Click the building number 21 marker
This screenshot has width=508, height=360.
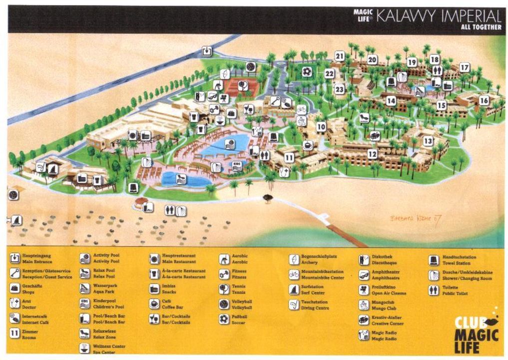coord(340,56)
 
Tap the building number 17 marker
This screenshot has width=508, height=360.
coord(465,67)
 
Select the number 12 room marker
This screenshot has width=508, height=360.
coord(373,154)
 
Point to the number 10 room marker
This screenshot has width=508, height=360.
coord(321,127)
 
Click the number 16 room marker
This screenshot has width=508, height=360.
coord(484,100)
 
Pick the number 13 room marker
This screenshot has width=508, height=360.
coord(428,141)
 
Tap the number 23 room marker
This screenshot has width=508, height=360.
coord(340,89)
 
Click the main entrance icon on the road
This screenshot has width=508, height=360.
coord(207,51)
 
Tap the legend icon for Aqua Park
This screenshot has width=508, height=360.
coord(85,288)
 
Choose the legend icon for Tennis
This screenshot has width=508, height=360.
coord(224,289)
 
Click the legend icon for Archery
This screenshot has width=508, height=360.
coord(294,259)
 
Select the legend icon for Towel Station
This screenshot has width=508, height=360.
coord(434,260)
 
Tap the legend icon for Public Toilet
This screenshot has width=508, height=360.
coord(434,290)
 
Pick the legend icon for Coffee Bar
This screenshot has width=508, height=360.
coord(154,304)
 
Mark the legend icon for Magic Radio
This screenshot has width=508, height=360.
coord(364,335)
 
